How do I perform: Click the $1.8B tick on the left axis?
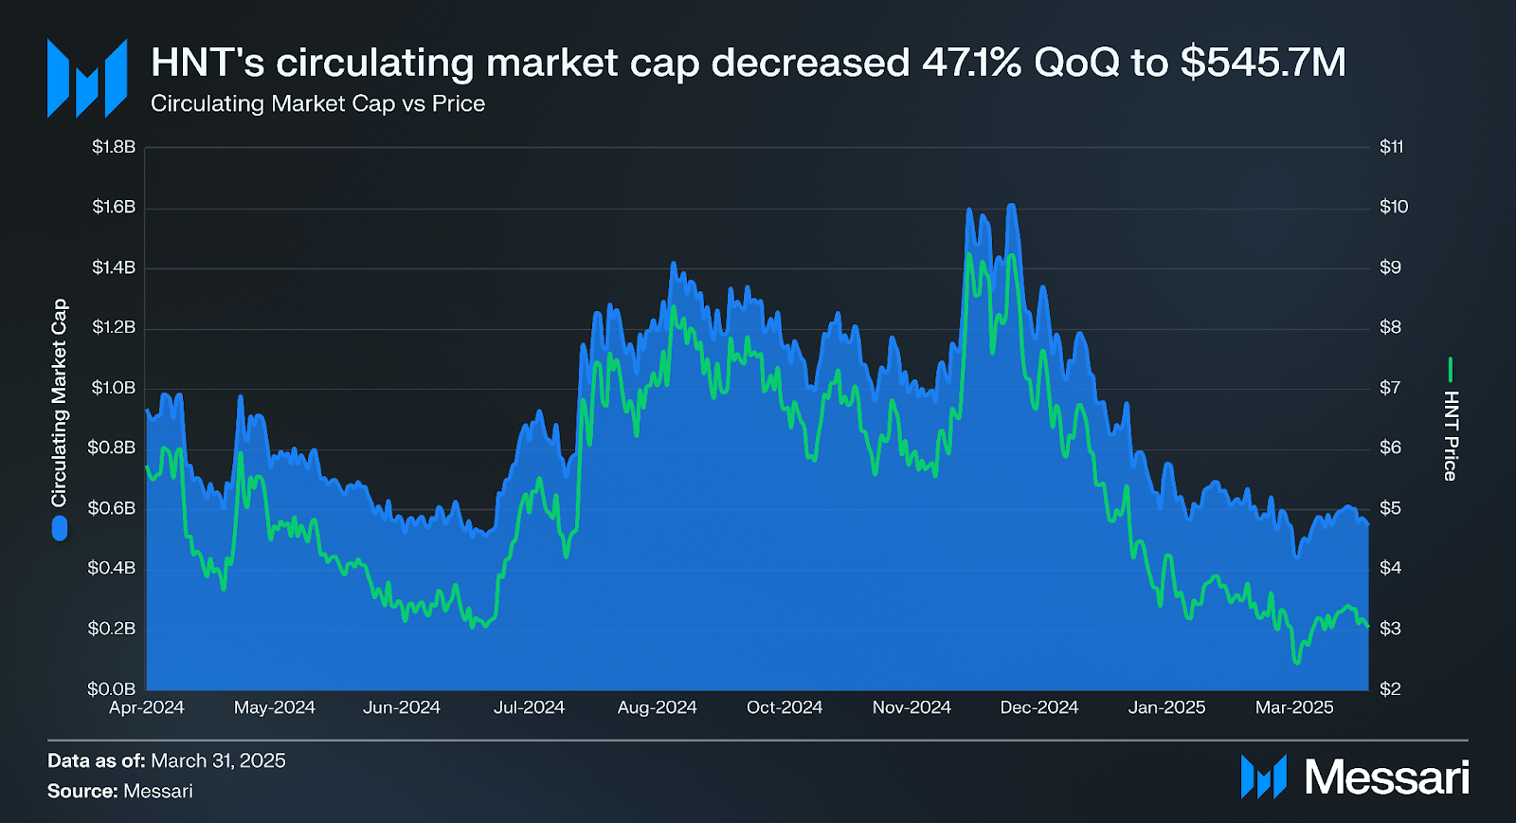coord(114,147)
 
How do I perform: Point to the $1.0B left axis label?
coord(114,388)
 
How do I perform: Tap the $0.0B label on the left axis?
coord(114,688)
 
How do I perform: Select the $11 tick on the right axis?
coord(1391,147)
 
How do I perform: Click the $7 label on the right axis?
coord(1389,388)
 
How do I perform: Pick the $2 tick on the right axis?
coord(1389,688)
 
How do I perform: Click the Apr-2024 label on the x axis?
coord(147,707)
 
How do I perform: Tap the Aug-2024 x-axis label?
coord(657,707)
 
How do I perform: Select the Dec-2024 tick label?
coord(1039,707)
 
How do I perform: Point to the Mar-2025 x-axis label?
coord(1294,707)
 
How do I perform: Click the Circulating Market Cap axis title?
coord(60,403)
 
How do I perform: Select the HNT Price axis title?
coord(1451,436)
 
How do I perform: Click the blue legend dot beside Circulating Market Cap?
coord(60,528)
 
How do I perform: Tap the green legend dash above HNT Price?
coord(1451,369)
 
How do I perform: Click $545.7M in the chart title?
coord(1263,63)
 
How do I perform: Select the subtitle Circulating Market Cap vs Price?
coord(317,103)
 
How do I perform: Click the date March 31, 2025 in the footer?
coord(218,760)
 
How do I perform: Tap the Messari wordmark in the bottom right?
coord(1386,777)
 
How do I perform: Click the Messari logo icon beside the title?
coord(87,78)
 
